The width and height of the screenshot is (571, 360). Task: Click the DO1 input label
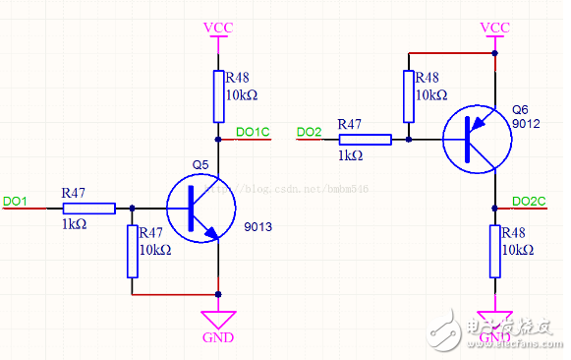tap(15, 201)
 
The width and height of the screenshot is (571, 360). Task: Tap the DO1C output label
tap(253, 132)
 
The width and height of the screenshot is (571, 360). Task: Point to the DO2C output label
tap(529, 201)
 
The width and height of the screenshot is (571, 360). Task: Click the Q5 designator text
tap(200, 163)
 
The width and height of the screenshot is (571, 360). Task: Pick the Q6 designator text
tap(520, 109)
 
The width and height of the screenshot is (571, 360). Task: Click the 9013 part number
tap(257, 227)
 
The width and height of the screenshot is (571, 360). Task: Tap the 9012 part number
tap(527, 124)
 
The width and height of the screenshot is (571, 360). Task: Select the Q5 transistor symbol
tap(200, 209)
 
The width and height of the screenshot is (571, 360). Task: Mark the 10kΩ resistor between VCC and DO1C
tap(218, 93)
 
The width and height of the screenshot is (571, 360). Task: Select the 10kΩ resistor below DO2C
tap(494, 250)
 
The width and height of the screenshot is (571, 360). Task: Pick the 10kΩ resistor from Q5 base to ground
tap(132, 251)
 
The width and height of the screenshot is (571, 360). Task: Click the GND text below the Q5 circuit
tap(217, 337)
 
